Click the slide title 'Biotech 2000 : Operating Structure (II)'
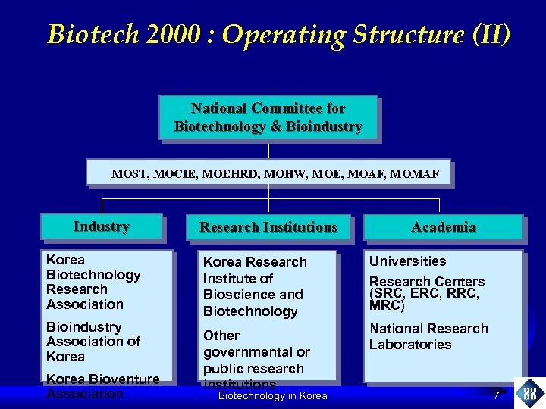pos(278,34)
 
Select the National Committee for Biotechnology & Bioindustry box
pos(268,117)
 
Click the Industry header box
pos(102,227)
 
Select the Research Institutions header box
pos(268,227)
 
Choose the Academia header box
pos(444,227)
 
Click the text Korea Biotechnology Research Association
pos(93,282)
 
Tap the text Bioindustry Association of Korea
pos(93,342)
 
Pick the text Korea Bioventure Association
pos(102,386)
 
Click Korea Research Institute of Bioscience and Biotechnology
pos(254,286)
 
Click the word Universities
pos(407,261)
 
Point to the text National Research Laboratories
pos(428,336)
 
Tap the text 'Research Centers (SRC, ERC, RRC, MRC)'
pos(426,294)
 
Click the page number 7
pos(496,395)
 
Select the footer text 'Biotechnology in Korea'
pos(272,396)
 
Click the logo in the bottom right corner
pos(529,394)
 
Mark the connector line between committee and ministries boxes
pos(268,149)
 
